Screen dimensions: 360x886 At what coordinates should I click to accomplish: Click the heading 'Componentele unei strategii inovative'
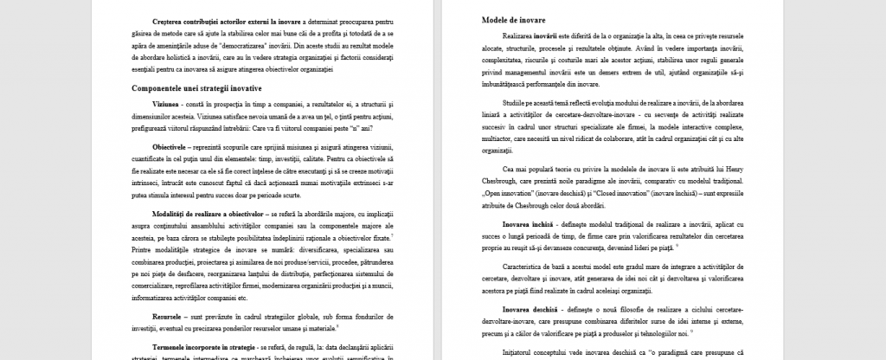pos(196,88)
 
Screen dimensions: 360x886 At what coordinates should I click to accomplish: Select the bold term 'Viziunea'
pos(170,103)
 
